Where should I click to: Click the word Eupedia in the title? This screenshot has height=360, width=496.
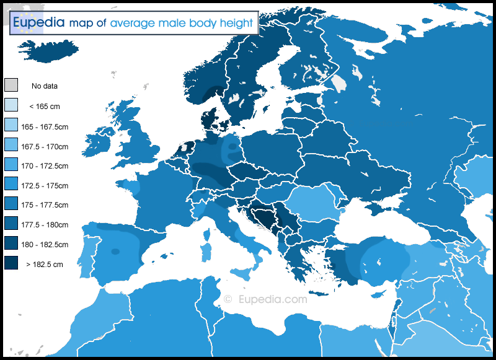tap(38, 23)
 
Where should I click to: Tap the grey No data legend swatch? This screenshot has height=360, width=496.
tap(11, 86)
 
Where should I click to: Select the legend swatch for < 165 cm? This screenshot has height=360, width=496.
tap(11, 105)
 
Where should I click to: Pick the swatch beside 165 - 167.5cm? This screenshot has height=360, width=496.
tap(11, 126)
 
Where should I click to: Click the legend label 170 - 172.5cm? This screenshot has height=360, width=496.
tap(48, 165)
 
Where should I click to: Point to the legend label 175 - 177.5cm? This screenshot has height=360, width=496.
tap(48, 205)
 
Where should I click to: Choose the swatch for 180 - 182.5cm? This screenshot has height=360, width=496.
tap(11, 244)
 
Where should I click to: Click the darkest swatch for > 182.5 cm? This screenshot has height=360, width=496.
tap(11, 264)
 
